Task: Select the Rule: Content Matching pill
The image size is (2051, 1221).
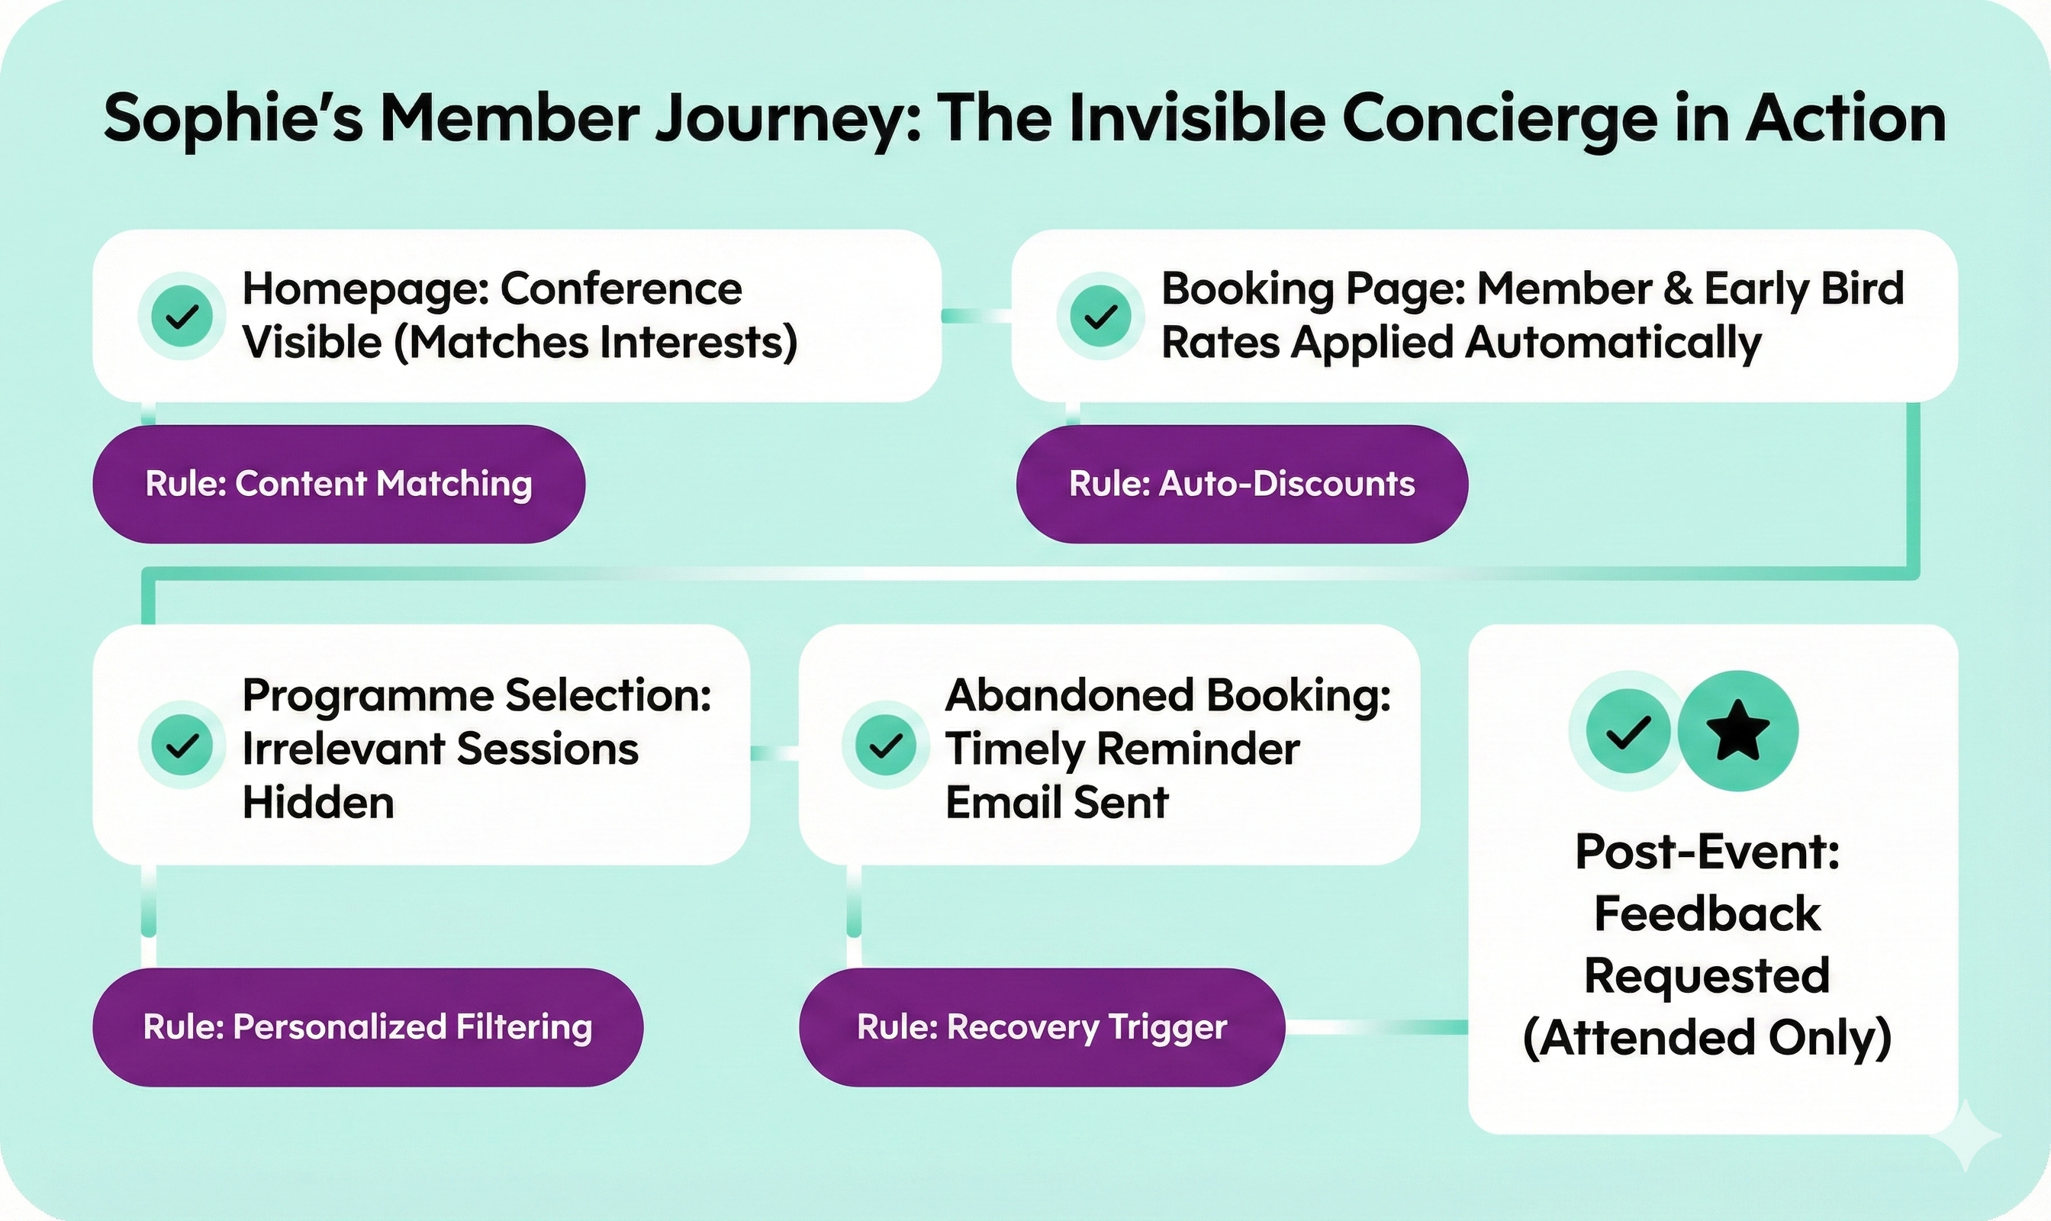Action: (338, 484)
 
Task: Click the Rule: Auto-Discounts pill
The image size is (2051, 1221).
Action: (1241, 484)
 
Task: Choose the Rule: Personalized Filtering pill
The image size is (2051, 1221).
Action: (367, 1027)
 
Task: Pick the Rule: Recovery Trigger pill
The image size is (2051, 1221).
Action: (1042, 1027)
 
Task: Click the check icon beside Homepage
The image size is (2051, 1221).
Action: (182, 316)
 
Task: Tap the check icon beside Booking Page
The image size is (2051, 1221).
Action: (1100, 316)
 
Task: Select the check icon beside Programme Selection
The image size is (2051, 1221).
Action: (182, 746)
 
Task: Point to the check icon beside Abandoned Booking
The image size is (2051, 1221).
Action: (885, 746)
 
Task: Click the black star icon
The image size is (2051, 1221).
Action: (1737, 730)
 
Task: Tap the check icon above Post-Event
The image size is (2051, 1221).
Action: (1628, 730)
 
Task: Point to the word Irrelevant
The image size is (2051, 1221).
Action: (341, 749)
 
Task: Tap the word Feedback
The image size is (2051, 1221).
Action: (1707, 913)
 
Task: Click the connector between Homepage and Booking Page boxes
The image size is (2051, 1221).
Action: (976, 316)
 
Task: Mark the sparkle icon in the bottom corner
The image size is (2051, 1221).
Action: (1966, 1136)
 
